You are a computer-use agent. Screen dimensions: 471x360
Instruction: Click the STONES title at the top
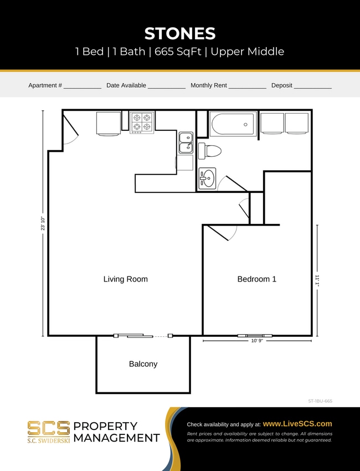pos(180,33)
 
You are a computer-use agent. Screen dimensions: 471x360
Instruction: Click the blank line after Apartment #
pos(83,86)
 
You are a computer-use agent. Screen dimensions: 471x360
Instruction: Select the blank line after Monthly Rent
pos(247,86)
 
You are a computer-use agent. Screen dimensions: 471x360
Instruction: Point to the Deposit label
pos(281,85)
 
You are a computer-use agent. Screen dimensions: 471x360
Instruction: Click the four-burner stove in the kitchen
pos(141,122)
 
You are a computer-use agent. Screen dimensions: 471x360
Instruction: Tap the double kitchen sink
pos(186,142)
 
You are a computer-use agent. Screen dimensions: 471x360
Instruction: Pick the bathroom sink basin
pos(207,179)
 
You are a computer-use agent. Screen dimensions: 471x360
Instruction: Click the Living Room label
pos(126,279)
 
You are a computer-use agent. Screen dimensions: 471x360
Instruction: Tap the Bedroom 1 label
pos(256,279)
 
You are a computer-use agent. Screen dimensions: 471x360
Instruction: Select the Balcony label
pos(143,364)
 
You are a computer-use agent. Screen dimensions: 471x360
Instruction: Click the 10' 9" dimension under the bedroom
pos(256,341)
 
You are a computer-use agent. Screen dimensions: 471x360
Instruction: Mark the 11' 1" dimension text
pos(317,280)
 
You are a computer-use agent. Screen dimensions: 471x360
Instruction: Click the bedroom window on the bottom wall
pos(255,335)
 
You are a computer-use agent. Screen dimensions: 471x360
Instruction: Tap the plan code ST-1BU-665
pos(320,400)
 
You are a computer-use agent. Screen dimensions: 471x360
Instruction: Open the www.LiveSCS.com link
pos(297,424)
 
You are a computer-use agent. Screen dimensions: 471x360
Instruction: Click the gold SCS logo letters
pos(49,428)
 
